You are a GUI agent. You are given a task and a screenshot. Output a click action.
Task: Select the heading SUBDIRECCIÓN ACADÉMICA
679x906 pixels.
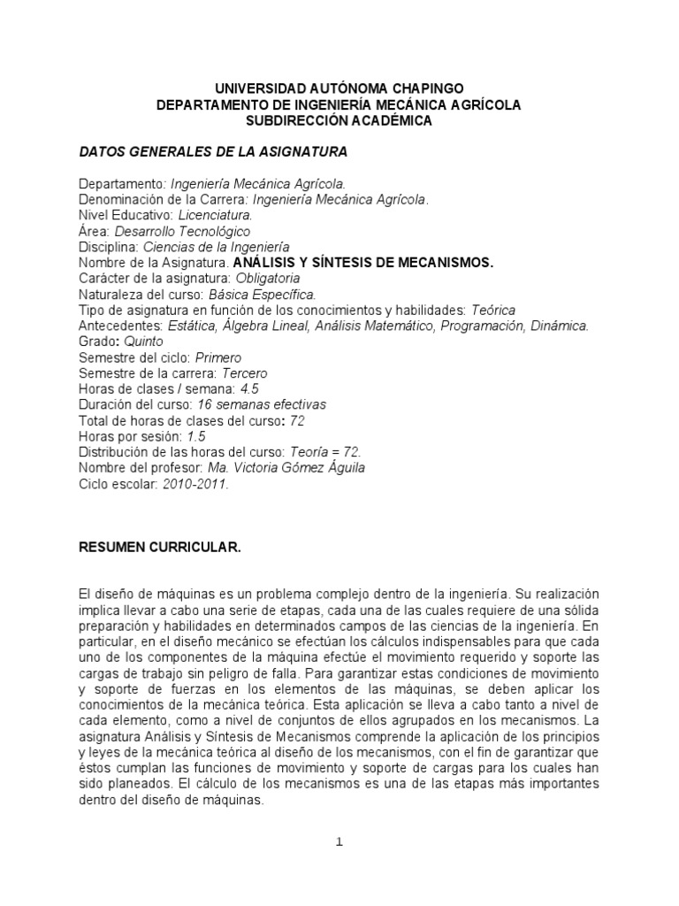[x=339, y=121]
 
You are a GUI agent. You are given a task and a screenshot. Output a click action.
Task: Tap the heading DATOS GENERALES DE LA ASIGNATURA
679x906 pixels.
[x=213, y=153]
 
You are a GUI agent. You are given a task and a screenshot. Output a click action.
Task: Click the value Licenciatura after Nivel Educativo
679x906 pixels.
[x=216, y=215]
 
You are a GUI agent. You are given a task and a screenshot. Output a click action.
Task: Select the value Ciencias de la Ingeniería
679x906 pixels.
[x=217, y=247]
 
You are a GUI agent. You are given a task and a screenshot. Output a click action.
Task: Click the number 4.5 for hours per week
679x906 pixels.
[x=225, y=388]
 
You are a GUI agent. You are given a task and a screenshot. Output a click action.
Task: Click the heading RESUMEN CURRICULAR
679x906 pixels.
[x=159, y=548]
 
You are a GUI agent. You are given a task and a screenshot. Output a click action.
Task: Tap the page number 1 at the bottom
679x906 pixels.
[x=339, y=842]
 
